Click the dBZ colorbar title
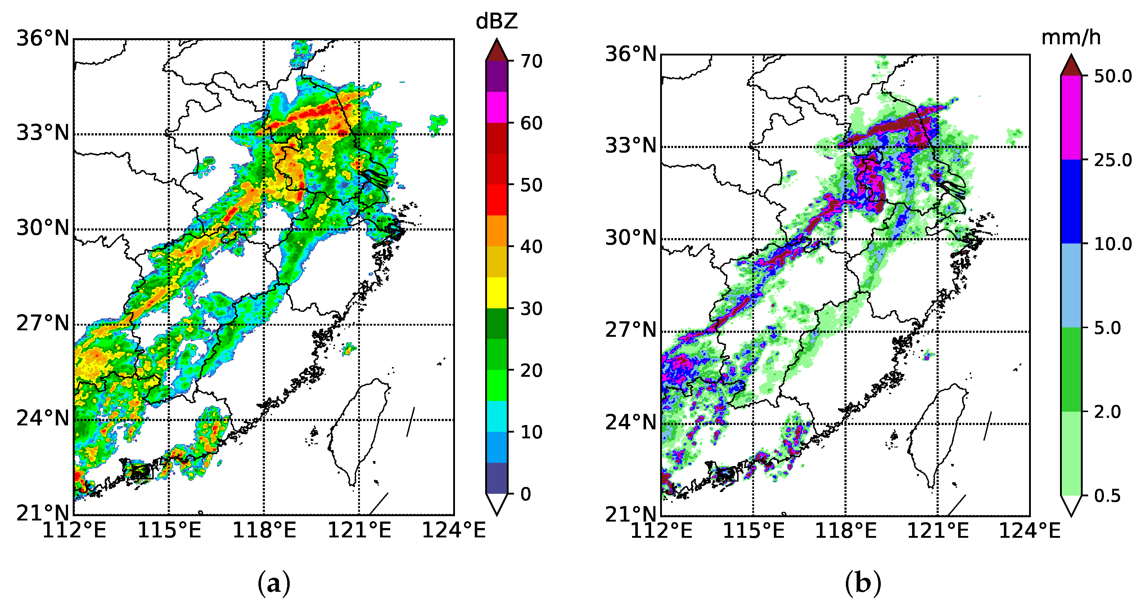pos(496,21)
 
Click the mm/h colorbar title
pos(1070,38)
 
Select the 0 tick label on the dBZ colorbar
pos(526,494)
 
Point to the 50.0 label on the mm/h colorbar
pos(1113,76)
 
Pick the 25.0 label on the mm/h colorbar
pos(1113,160)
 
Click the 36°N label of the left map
pos(43,39)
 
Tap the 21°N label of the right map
pos(631,514)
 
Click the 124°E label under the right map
pos(1029,531)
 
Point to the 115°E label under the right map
pos(753,531)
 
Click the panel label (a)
pos(274,584)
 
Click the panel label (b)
pos(863,584)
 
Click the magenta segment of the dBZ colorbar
pos(496,107)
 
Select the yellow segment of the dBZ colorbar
pos(496,292)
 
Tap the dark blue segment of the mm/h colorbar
pos(1071,202)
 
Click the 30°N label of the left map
pos(43,229)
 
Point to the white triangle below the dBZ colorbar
pos(496,503)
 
